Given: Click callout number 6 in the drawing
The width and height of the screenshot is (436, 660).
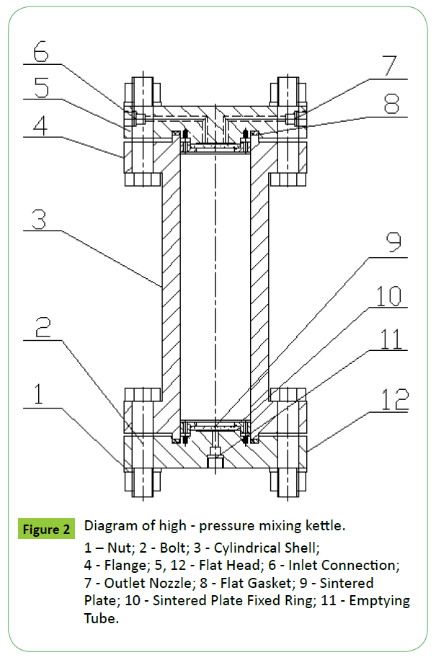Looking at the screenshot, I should click(x=41, y=53).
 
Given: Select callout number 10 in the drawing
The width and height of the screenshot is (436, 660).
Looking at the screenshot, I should click(x=390, y=295).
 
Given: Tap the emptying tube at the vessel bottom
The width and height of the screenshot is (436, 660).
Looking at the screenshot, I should click(x=215, y=459).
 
